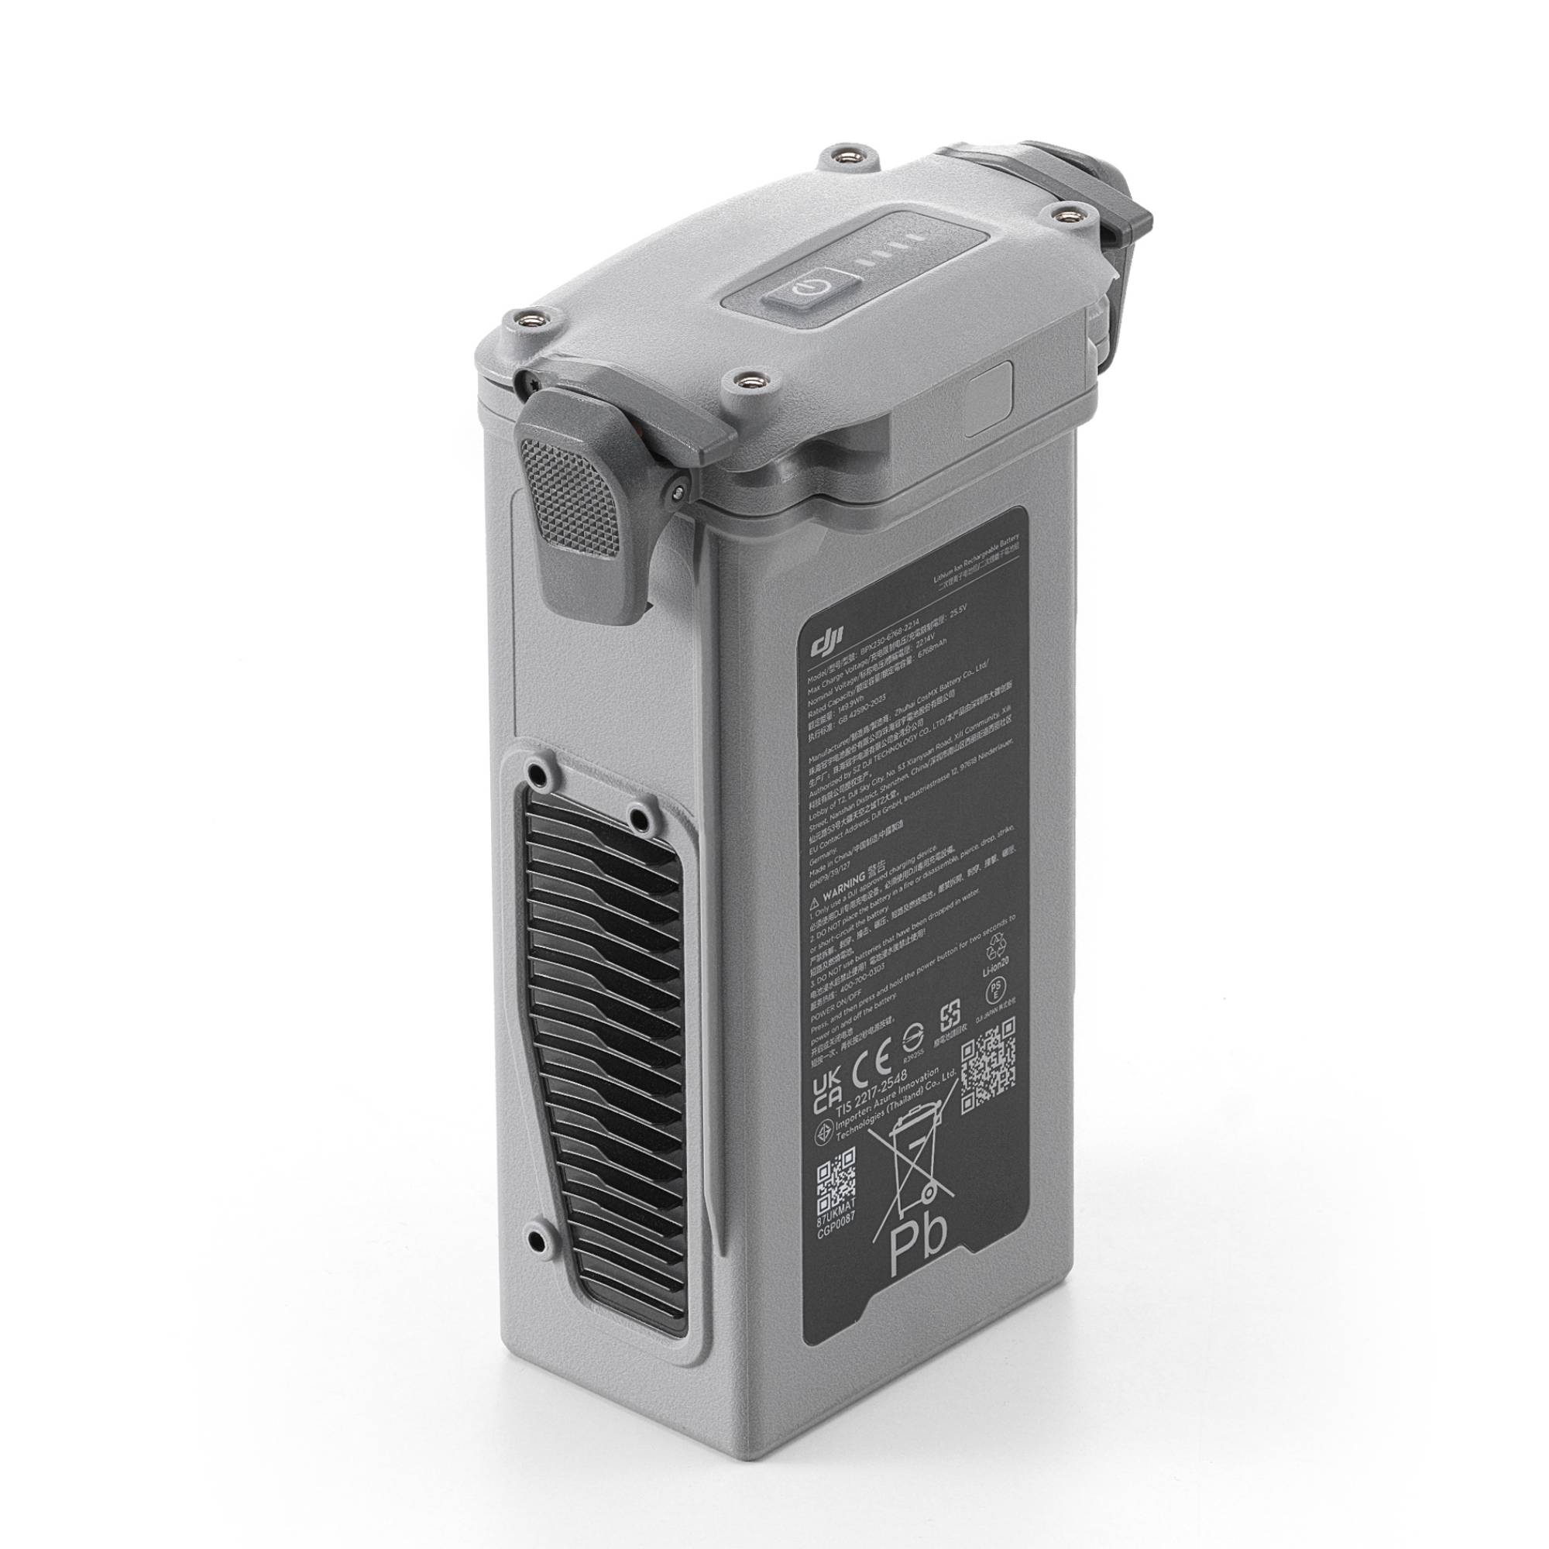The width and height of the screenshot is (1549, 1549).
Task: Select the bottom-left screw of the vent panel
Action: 545,1262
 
